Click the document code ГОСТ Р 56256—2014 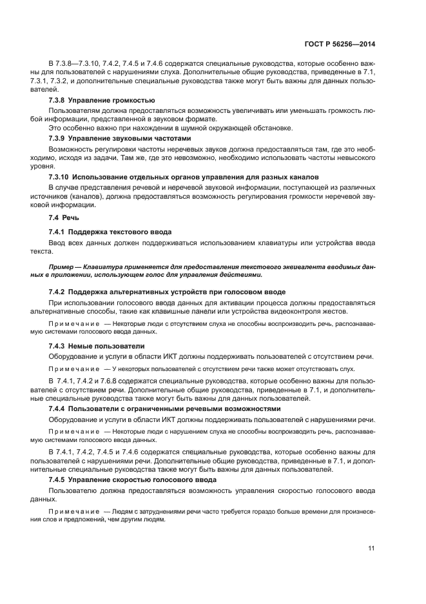[x=340, y=44]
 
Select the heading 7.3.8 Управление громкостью [x=101, y=101]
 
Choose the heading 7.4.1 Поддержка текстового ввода [x=111, y=231]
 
